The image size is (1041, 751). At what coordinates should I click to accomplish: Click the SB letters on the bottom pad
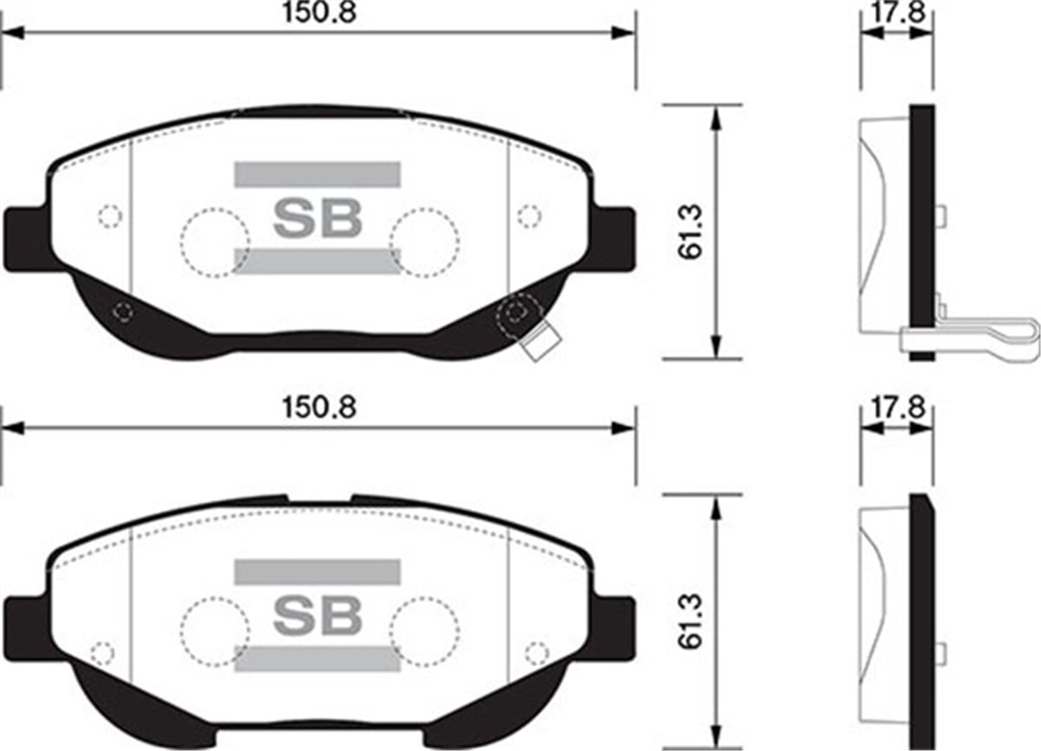pos(318,613)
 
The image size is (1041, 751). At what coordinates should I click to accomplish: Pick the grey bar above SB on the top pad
pos(318,173)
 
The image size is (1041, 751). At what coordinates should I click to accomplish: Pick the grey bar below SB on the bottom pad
pos(318,658)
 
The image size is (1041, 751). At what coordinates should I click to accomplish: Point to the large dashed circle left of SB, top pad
pos(215,243)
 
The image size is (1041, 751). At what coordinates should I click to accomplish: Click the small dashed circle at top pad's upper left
pos(109,216)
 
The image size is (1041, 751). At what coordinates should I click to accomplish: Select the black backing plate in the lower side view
pos(923,620)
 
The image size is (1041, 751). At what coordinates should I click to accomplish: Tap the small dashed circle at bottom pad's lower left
pos(102,652)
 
